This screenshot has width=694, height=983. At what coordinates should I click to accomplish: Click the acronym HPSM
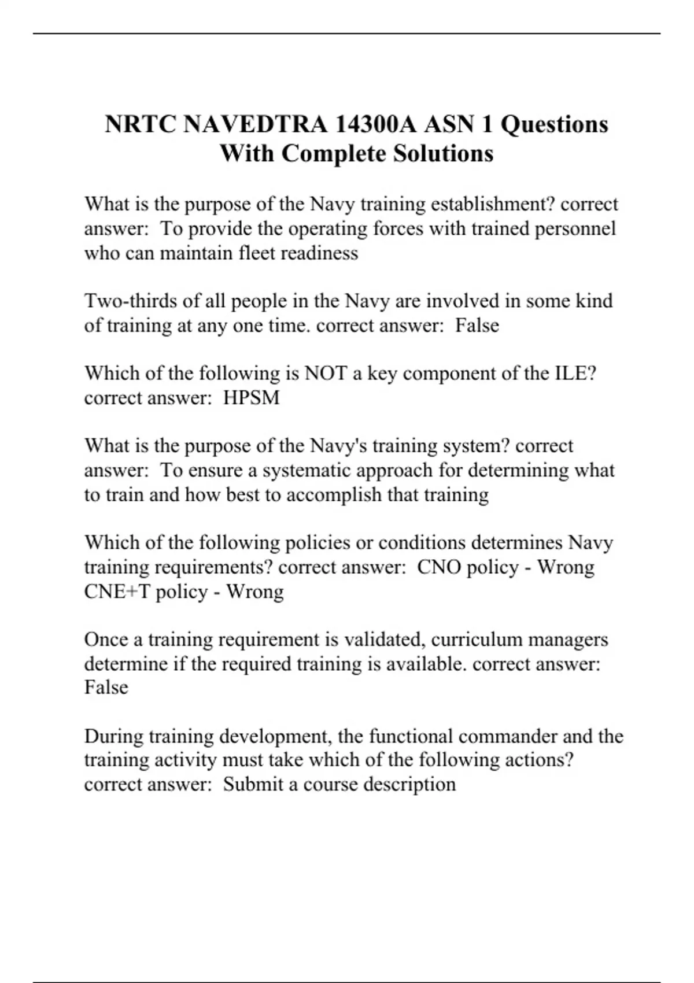tap(252, 398)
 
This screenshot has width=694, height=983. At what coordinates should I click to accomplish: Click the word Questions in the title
tap(554, 124)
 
